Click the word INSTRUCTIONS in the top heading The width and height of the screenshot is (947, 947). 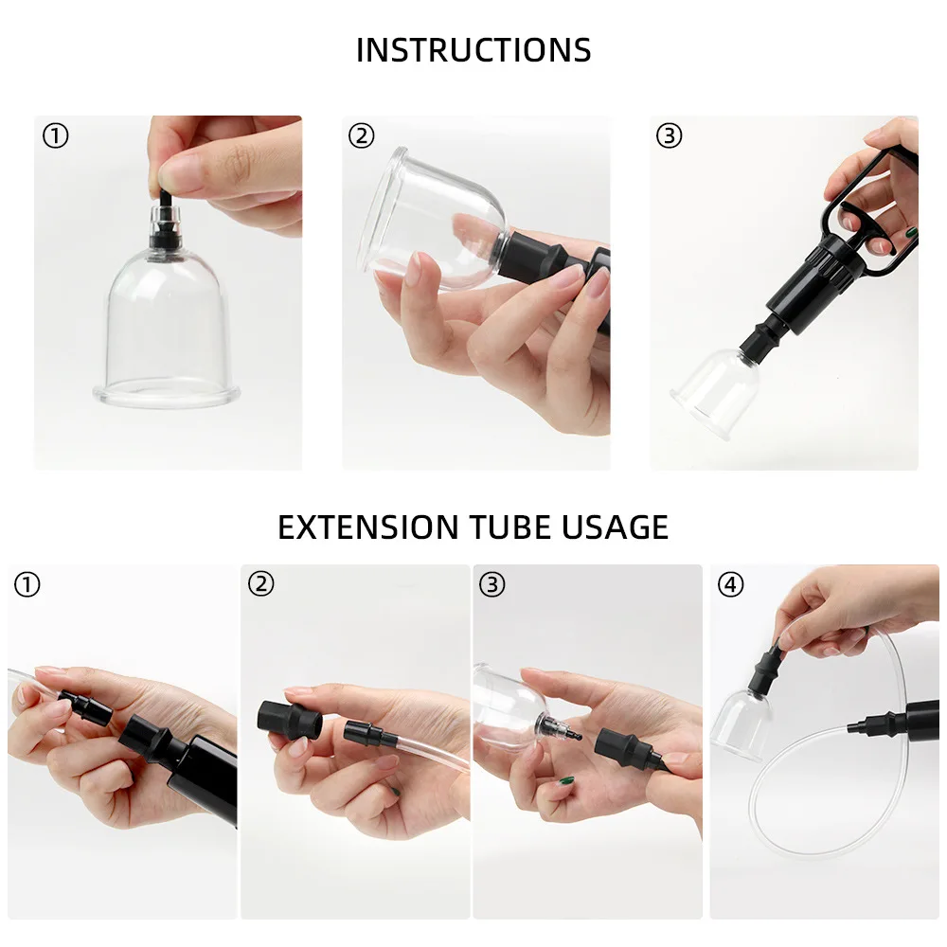[x=473, y=50]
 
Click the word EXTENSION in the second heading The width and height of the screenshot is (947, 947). [x=367, y=527]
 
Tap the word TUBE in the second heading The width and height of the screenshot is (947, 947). [x=510, y=527]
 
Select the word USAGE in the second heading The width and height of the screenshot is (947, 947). [x=616, y=527]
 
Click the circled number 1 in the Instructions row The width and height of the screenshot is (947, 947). [x=56, y=135]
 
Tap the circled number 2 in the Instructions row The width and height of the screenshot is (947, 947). [x=361, y=135]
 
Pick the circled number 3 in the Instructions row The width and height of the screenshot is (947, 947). [x=669, y=135]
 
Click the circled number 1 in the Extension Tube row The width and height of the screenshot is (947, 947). [x=27, y=584]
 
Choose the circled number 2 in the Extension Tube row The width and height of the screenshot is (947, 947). [x=261, y=584]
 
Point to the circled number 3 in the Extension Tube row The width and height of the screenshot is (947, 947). [x=491, y=584]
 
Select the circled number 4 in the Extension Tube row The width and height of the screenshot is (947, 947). [x=730, y=584]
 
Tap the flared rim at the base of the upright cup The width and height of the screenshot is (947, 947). [x=166, y=396]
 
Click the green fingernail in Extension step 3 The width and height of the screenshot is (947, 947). [x=566, y=781]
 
